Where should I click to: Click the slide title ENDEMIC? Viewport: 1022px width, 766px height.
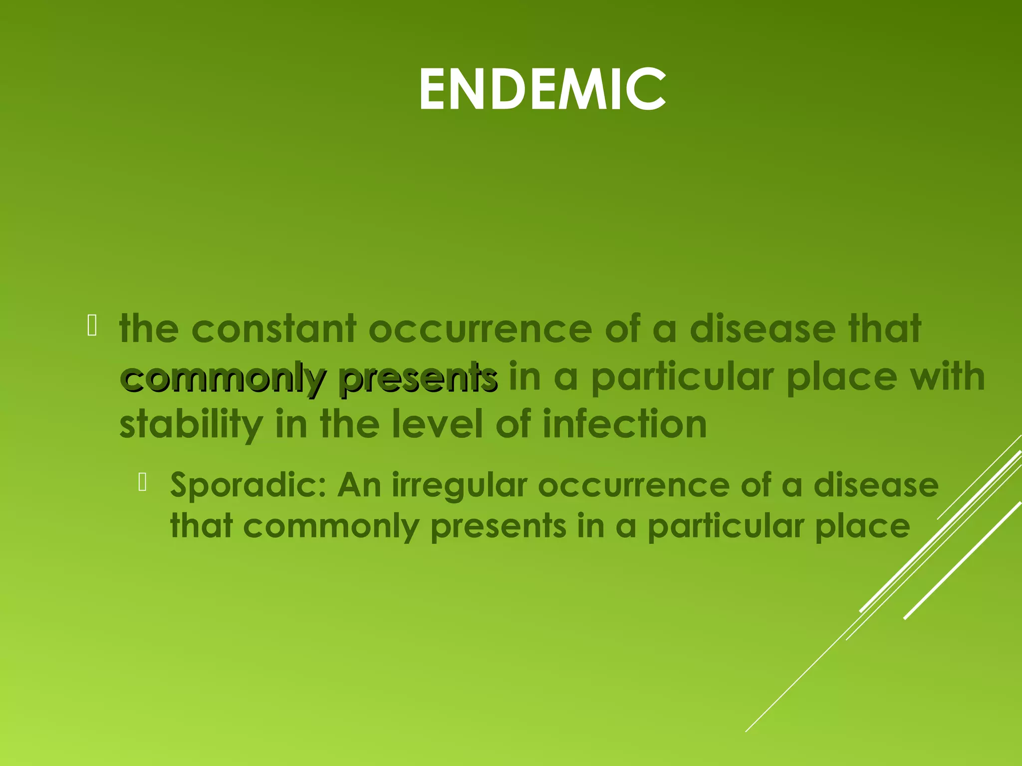[x=542, y=90]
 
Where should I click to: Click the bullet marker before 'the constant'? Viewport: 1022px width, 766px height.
[x=92, y=327]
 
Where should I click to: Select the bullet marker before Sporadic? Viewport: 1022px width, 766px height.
[x=143, y=482]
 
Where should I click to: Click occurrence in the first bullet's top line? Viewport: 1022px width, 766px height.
[x=480, y=329]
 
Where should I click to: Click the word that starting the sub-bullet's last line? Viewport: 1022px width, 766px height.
[x=202, y=527]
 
